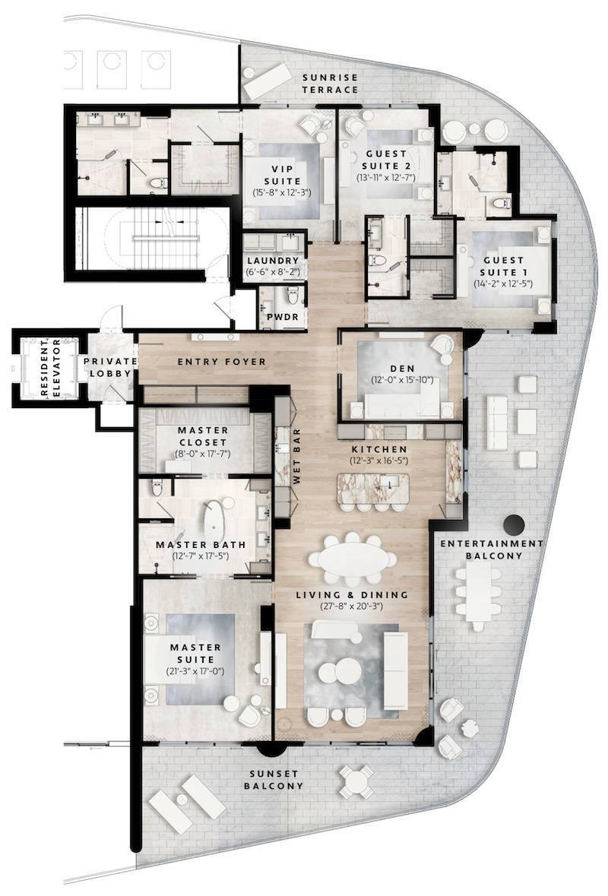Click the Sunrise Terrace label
click(331, 84)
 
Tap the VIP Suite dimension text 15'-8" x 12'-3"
click(282, 193)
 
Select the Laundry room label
click(273, 261)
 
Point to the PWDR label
click(283, 317)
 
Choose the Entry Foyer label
click(222, 362)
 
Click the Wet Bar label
click(296, 457)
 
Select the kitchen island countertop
click(373, 488)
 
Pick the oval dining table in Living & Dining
click(353, 559)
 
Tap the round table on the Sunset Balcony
click(356, 781)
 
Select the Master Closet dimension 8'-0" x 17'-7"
click(204, 454)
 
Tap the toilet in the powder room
click(293, 296)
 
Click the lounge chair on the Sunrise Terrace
click(268, 80)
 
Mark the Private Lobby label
click(110, 367)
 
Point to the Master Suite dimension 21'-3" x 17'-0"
click(195, 671)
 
